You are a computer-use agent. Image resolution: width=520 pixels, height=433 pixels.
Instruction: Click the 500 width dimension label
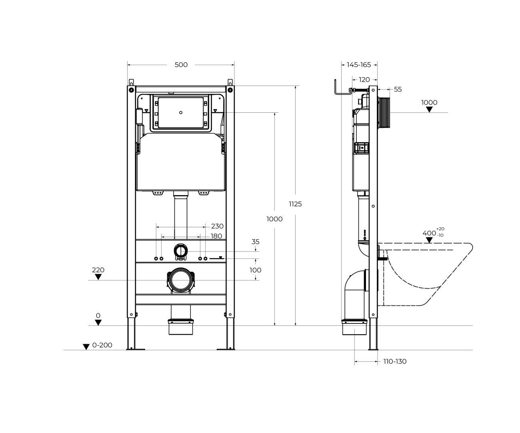[x=181, y=65]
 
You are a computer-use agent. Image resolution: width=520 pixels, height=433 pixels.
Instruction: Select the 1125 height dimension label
[x=295, y=204]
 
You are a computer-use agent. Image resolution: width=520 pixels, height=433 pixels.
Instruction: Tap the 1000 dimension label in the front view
[x=274, y=219]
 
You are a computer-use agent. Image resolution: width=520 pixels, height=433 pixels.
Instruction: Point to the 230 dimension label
[x=217, y=226]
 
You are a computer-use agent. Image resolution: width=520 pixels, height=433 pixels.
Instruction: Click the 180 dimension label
[x=216, y=236]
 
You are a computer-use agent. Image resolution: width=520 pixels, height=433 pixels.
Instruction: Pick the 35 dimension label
[x=255, y=242]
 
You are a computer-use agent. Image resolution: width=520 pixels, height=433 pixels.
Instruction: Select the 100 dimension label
[x=255, y=270]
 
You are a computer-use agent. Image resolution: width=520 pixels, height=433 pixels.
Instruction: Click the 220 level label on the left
[x=98, y=270]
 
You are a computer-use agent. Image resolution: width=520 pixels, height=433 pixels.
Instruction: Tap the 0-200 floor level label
[x=102, y=345]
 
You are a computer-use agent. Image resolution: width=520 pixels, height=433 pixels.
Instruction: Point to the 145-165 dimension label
[x=359, y=65]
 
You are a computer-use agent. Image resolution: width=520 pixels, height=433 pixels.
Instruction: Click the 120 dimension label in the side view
[x=364, y=80]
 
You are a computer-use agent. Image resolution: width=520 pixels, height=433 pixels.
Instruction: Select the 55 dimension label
[x=398, y=90]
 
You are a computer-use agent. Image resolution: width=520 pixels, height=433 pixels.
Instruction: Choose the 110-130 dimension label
[x=395, y=362]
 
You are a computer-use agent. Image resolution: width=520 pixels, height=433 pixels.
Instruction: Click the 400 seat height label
[x=429, y=233]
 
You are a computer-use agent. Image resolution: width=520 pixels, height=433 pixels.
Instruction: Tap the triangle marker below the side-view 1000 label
[x=429, y=110]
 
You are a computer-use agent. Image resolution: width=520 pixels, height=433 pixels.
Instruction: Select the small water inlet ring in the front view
[x=181, y=251]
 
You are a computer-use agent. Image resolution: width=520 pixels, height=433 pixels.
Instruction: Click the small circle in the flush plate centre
[x=181, y=113]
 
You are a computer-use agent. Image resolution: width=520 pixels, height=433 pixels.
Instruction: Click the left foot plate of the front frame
[x=136, y=349]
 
